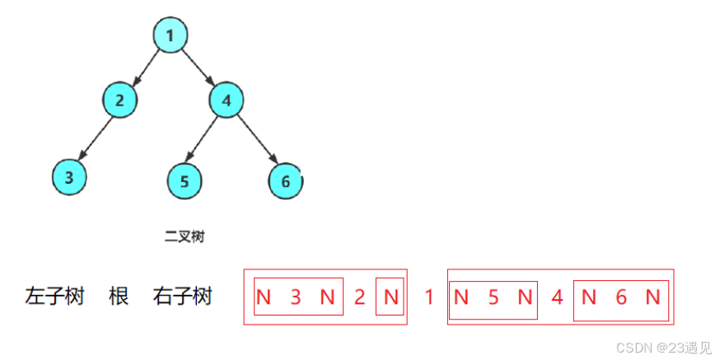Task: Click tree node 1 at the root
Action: [x=170, y=36]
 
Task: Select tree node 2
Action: [x=119, y=101]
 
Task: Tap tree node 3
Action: [x=69, y=176]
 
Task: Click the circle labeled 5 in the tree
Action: [x=185, y=180]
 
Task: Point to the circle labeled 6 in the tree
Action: [x=285, y=180]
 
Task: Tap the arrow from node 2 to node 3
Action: [x=95, y=138]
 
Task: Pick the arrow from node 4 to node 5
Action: [x=204, y=139]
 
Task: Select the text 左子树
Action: [x=55, y=297]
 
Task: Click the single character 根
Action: [x=119, y=297]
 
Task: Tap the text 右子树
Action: [x=182, y=297]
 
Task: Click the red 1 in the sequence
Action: [x=428, y=297]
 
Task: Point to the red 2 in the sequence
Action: [x=359, y=297]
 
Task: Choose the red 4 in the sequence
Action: [x=557, y=297]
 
